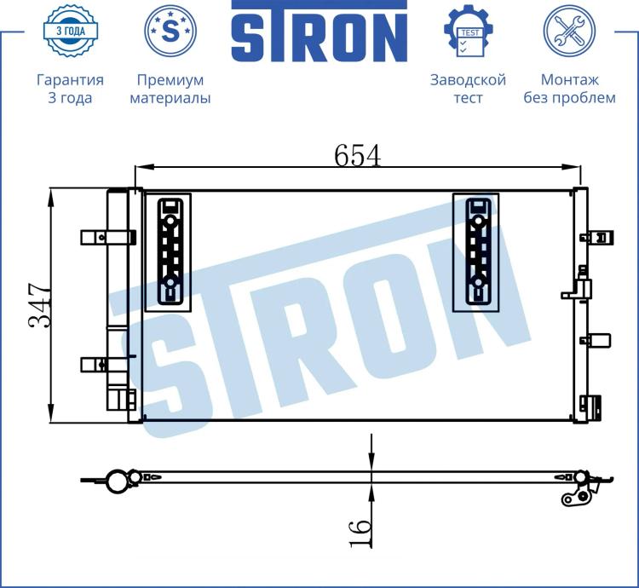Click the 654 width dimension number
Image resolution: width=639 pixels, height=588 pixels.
[x=357, y=156]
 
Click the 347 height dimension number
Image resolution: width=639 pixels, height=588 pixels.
[x=40, y=305]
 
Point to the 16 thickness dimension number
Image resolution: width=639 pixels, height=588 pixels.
[x=360, y=533]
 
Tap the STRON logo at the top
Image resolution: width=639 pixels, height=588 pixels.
[x=319, y=32]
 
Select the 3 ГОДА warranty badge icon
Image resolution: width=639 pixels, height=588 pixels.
[x=70, y=31]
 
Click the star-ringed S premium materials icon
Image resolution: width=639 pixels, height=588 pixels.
[x=170, y=31]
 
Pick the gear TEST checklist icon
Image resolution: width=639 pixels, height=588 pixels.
[x=469, y=31]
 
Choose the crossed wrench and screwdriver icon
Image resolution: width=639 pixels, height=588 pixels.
[x=569, y=31]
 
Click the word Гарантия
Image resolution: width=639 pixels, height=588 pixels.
[x=70, y=80]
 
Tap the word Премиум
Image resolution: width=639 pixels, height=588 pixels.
[x=170, y=80]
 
